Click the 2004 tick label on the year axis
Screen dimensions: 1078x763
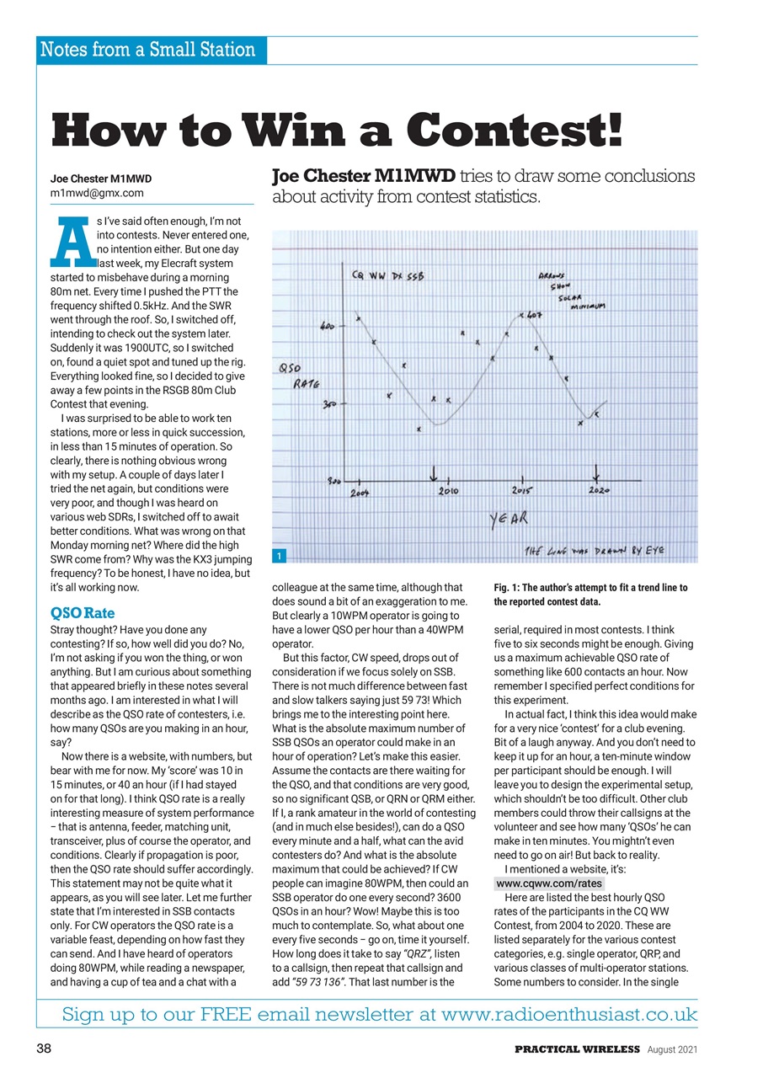tap(361, 491)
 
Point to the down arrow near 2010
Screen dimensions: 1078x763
tap(434, 472)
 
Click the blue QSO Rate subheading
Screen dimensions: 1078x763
tap(83, 612)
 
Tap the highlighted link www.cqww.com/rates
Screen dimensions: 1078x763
tap(549, 883)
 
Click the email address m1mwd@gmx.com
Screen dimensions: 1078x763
tap(97, 192)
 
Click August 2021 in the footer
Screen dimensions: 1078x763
tap(672, 1049)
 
